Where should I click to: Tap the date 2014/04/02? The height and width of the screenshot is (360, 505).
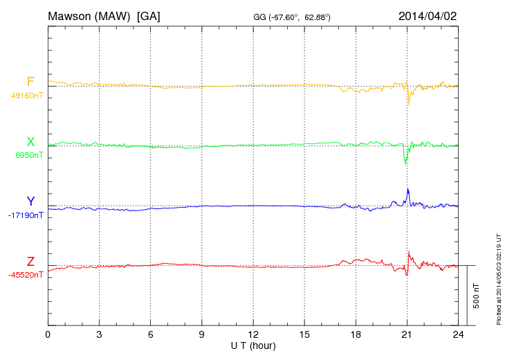click(427, 15)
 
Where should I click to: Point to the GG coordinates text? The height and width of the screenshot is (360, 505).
click(291, 17)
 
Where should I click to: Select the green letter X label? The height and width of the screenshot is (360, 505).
click(30, 142)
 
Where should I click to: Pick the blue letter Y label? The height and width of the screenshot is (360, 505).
click(30, 201)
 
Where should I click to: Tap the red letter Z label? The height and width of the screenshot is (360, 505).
click(30, 262)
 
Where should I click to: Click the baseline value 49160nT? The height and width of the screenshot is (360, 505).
click(26, 96)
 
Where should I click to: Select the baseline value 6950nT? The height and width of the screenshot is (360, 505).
click(29, 155)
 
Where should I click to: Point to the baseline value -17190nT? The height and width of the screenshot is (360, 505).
click(26, 215)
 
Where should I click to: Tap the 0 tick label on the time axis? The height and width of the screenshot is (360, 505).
click(48, 334)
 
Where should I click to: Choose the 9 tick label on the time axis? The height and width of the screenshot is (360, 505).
click(202, 334)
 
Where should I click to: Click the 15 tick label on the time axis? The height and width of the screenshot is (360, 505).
click(304, 334)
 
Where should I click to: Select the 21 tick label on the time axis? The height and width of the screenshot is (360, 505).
click(407, 334)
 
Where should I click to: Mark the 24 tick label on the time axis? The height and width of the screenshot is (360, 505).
click(458, 334)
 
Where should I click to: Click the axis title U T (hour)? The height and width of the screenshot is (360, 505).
click(253, 345)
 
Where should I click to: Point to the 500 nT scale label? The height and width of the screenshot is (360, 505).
click(477, 295)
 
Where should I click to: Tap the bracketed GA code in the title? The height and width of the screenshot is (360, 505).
click(149, 15)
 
